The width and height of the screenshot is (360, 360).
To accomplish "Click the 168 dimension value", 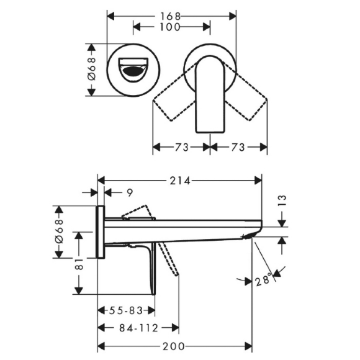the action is pyautogui.click(x=170, y=17).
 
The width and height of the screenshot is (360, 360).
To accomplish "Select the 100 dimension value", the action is pyautogui.click(x=169, y=27).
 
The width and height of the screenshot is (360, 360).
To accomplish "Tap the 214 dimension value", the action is pyautogui.click(x=180, y=181).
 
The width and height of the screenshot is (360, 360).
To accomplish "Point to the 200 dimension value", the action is pyautogui.click(x=174, y=346).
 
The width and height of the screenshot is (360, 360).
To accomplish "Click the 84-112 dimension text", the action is pyautogui.click(x=138, y=328).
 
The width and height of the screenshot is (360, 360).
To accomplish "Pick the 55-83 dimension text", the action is pyautogui.click(x=126, y=310).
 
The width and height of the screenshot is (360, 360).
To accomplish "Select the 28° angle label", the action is pyautogui.click(x=263, y=280).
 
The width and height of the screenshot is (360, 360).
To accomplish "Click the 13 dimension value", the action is pyautogui.click(x=282, y=200).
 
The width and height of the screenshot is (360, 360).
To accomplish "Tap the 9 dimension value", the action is pyautogui.click(x=130, y=193).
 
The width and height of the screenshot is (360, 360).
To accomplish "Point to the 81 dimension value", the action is pyautogui.click(x=79, y=264).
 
